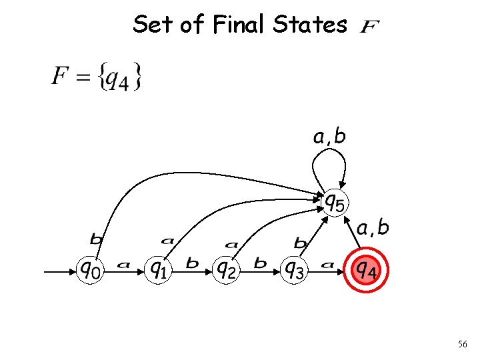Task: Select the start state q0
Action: tap(92, 269)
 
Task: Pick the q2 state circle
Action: tap(227, 269)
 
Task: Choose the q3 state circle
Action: tap(294, 269)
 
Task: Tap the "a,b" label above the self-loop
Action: tap(330, 137)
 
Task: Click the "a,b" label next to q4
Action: tap(373, 229)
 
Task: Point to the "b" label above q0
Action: tap(97, 238)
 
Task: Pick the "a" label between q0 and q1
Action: tap(123, 265)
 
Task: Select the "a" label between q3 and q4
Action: tap(327, 265)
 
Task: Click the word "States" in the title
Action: tap(309, 25)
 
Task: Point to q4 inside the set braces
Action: tap(119, 79)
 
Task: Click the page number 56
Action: tap(463, 345)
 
